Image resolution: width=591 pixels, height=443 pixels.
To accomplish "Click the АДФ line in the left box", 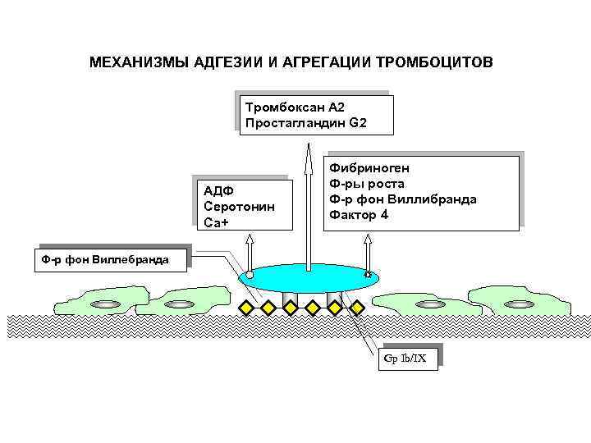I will click(x=219, y=191).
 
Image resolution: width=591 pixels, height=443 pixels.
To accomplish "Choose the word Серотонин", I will click(x=239, y=207).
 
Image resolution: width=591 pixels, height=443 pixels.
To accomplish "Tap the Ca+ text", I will click(x=217, y=222).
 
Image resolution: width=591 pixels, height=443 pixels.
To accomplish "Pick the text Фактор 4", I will click(x=359, y=215).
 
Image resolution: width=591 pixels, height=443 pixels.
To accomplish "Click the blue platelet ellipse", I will click(x=309, y=278).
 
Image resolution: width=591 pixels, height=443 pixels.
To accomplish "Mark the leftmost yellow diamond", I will click(x=245, y=307).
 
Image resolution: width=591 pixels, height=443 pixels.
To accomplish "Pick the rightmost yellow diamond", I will click(x=357, y=307).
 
